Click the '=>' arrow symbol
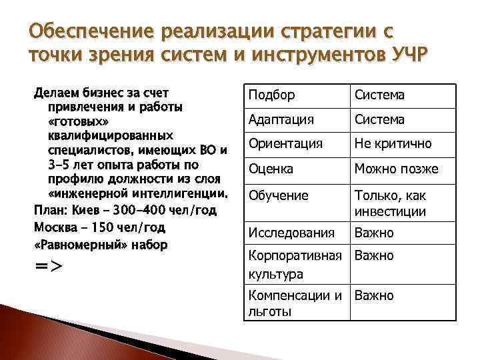48,265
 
